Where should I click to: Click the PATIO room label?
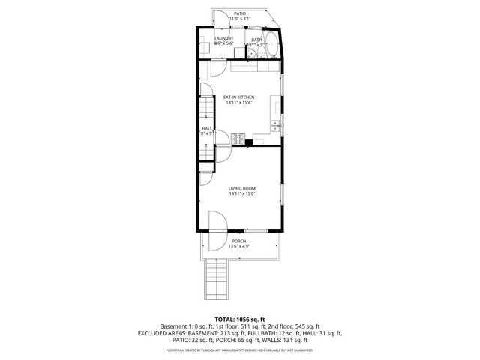(x=239, y=13)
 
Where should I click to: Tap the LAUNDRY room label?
(x=223, y=39)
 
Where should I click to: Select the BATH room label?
(x=256, y=40)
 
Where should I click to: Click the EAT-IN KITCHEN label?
(x=239, y=97)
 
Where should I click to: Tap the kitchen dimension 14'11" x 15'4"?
(x=239, y=103)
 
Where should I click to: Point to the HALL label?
(x=206, y=128)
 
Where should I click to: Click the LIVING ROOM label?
(x=243, y=188)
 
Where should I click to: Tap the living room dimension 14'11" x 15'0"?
(x=243, y=194)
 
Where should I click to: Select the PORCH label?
(x=238, y=241)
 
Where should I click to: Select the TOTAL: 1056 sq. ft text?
(x=239, y=318)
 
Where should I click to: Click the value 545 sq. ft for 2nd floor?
(x=307, y=325)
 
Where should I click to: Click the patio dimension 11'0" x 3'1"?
(x=239, y=19)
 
